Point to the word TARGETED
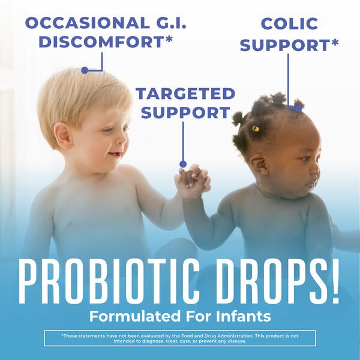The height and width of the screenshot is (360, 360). click(185, 94)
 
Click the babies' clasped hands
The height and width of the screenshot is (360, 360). click(192, 180)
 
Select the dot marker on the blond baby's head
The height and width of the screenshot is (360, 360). click(85, 70)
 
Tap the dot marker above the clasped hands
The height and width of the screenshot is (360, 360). click(183, 164)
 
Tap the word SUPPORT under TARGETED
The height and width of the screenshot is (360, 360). click(185, 112)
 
